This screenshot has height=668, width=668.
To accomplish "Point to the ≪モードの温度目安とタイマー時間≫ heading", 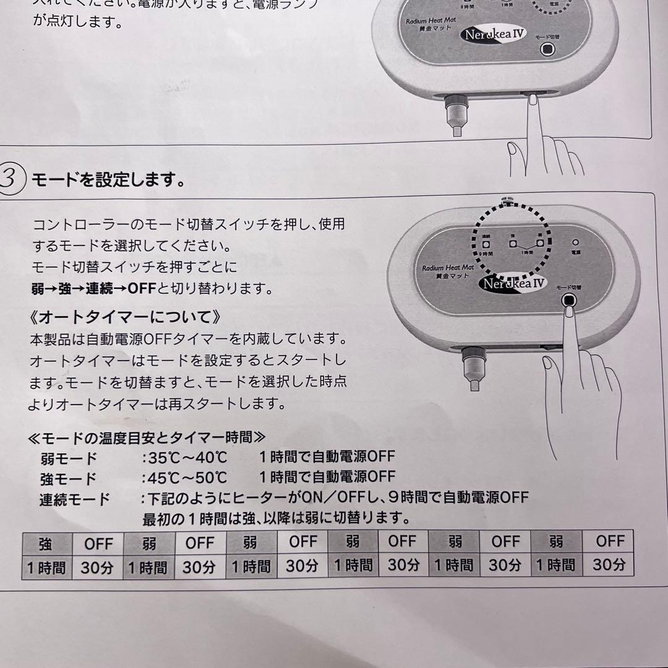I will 147,438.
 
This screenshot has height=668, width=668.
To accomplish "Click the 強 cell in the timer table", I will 46,544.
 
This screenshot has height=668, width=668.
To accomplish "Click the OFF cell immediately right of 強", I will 98,544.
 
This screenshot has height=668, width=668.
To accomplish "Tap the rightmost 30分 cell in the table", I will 609,565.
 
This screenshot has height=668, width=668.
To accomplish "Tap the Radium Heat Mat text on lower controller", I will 448,267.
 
